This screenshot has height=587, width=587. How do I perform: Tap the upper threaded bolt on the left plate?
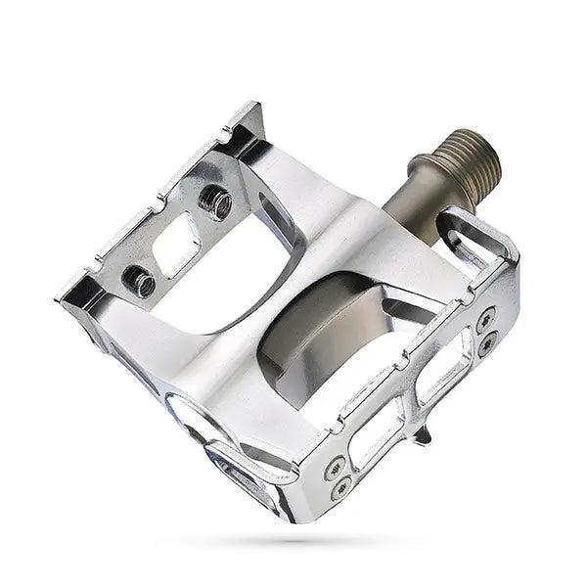(216, 203)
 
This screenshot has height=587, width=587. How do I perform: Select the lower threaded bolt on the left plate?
(139, 282)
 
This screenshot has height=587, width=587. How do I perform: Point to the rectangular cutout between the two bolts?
(177, 241)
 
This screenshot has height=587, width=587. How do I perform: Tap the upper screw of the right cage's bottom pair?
(335, 468)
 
